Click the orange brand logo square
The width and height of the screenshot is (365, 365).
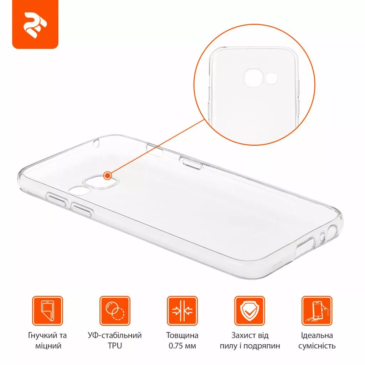(35, 24)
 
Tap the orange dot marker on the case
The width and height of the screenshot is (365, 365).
(108, 175)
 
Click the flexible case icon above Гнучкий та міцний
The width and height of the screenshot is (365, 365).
(47, 310)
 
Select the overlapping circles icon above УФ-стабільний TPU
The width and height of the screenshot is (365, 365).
(115, 310)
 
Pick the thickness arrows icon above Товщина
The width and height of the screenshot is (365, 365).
(182, 310)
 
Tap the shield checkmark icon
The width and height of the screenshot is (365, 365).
(250, 310)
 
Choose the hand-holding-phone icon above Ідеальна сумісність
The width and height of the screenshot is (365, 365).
(317, 310)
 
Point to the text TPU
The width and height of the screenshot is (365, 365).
(115, 346)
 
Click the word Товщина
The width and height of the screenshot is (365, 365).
(182, 335)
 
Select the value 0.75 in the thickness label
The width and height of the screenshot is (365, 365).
(176, 346)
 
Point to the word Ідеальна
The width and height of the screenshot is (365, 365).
(317, 335)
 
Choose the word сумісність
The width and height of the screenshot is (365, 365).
(317, 346)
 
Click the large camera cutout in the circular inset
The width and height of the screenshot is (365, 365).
(253, 78)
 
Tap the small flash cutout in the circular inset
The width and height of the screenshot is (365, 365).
(271, 78)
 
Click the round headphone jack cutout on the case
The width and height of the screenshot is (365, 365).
(332, 232)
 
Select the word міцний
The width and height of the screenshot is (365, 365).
(48, 346)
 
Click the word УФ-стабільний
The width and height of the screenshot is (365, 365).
(115, 335)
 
